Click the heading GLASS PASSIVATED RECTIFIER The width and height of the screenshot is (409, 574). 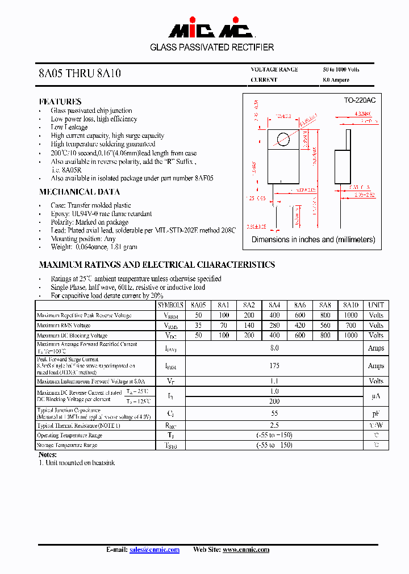(x=212, y=48)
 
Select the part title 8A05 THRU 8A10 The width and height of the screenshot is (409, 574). (x=80, y=74)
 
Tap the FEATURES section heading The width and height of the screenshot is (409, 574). (x=60, y=101)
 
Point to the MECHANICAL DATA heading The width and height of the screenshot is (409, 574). (x=79, y=192)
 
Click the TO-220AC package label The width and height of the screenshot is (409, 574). (x=360, y=100)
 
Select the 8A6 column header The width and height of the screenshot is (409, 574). (x=299, y=305)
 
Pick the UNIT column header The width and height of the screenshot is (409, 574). (x=376, y=305)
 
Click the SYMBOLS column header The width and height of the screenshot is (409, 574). (x=171, y=305)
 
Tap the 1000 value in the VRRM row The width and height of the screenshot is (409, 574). (x=351, y=315)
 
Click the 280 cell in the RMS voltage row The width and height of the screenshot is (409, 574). (x=274, y=326)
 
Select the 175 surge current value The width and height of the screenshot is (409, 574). (x=274, y=366)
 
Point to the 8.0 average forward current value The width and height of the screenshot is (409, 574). (x=274, y=348)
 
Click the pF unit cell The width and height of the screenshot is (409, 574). (x=376, y=415)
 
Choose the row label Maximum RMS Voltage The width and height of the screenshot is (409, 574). (x=64, y=326)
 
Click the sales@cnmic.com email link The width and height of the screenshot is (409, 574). (x=155, y=550)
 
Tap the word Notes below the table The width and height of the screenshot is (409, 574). (x=48, y=455)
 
